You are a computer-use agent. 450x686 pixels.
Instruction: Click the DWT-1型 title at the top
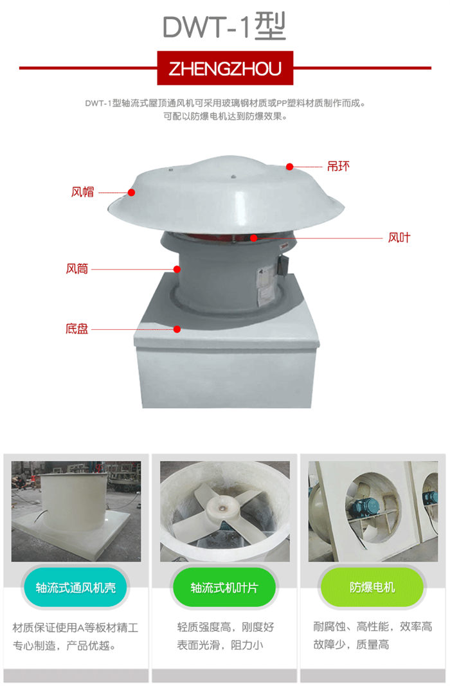click(x=224, y=27)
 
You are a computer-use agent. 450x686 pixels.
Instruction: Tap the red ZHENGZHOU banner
click(x=225, y=68)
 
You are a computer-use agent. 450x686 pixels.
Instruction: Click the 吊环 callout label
click(x=338, y=167)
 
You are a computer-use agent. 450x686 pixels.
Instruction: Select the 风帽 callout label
click(x=83, y=192)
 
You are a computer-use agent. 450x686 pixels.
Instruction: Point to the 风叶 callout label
click(x=399, y=238)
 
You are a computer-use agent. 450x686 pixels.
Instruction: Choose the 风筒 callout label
click(x=77, y=269)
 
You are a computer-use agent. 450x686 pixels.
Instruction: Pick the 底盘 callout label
click(x=77, y=329)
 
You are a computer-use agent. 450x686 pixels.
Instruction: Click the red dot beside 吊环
click(x=289, y=167)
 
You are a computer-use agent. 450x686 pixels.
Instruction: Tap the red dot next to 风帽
click(x=131, y=192)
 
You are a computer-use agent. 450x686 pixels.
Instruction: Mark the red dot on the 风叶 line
click(x=254, y=238)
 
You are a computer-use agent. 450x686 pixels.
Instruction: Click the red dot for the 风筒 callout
click(x=177, y=269)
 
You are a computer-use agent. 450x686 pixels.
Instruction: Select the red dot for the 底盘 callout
click(x=177, y=329)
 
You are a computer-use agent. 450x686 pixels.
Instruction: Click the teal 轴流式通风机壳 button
click(x=76, y=588)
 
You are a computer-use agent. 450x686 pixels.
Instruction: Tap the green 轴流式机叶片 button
click(x=224, y=588)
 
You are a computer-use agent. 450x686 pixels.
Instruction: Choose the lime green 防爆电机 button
click(x=372, y=587)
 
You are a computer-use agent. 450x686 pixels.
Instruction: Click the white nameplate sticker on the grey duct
click(x=265, y=284)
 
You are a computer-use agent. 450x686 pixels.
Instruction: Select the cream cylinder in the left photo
click(x=73, y=502)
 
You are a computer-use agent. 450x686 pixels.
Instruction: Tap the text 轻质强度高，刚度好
click(x=226, y=627)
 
